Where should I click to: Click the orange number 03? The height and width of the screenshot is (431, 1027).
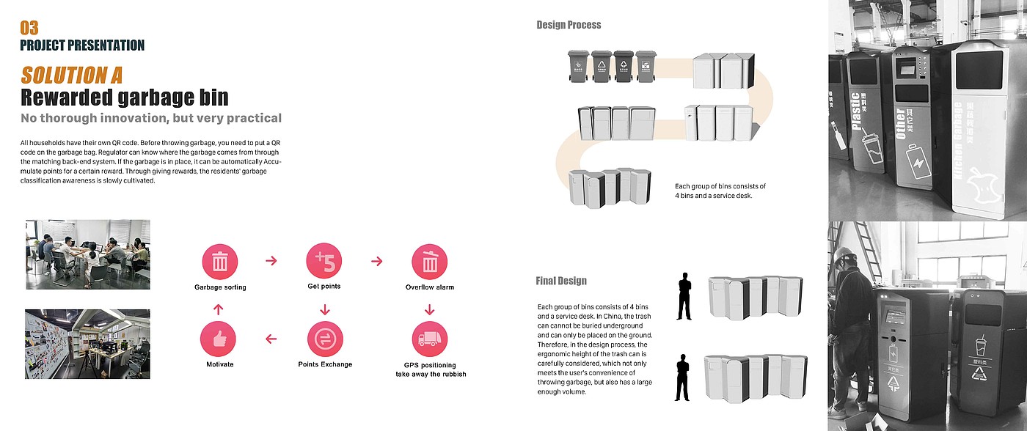pyautogui.click(x=29, y=28)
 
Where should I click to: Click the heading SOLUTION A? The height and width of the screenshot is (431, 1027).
pyautogui.click(x=71, y=75)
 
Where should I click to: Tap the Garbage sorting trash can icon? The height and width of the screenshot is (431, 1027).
pyautogui.click(x=220, y=262)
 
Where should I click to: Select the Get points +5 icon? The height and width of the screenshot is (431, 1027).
pyautogui.click(x=324, y=262)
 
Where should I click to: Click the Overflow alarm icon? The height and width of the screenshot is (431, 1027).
pyautogui.click(x=430, y=262)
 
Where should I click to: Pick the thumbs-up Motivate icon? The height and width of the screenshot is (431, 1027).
pyautogui.click(x=219, y=339)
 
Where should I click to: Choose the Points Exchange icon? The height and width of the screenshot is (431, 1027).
pyautogui.click(x=325, y=339)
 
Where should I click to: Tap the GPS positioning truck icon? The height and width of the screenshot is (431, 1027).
pyautogui.click(x=430, y=339)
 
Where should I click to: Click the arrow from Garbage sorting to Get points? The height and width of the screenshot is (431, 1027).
pyautogui.click(x=271, y=261)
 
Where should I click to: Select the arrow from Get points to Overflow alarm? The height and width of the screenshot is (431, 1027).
pyautogui.click(x=377, y=261)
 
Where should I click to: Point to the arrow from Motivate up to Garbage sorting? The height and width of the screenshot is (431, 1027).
pyautogui.click(x=218, y=310)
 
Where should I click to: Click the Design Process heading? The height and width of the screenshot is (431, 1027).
pyautogui.click(x=569, y=25)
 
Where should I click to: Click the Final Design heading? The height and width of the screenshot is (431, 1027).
pyautogui.click(x=561, y=281)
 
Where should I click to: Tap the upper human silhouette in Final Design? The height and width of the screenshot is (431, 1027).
pyautogui.click(x=684, y=296)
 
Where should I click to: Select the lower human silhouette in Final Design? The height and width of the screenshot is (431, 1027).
pyautogui.click(x=683, y=377)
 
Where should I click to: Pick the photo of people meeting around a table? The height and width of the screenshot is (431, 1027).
pyautogui.click(x=87, y=254)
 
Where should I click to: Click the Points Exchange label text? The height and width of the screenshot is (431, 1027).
pyautogui.click(x=325, y=364)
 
